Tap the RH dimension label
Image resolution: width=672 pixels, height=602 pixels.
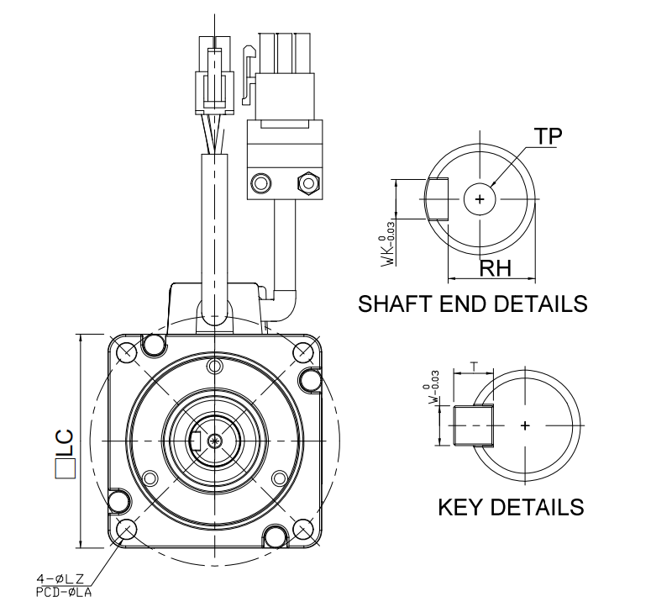tap(496, 269)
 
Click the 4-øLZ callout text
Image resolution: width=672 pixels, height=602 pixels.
tap(63, 578)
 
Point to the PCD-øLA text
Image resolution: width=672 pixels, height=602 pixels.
tap(63, 593)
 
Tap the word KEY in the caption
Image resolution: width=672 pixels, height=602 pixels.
tap(460, 507)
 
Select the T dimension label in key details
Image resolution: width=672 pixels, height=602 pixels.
tap(475, 367)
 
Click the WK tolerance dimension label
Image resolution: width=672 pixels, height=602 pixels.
tap(388, 249)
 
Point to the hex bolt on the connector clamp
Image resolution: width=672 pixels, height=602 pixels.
tap(307, 182)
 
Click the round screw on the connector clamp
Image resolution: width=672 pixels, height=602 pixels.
tap(261, 182)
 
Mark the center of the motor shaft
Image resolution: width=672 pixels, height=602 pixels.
tap(216, 440)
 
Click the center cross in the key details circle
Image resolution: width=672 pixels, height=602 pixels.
tap(526, 426)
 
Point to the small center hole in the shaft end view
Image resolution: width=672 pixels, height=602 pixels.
tap(480, 199)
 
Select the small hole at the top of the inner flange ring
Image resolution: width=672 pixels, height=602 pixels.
tap(216, 366)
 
